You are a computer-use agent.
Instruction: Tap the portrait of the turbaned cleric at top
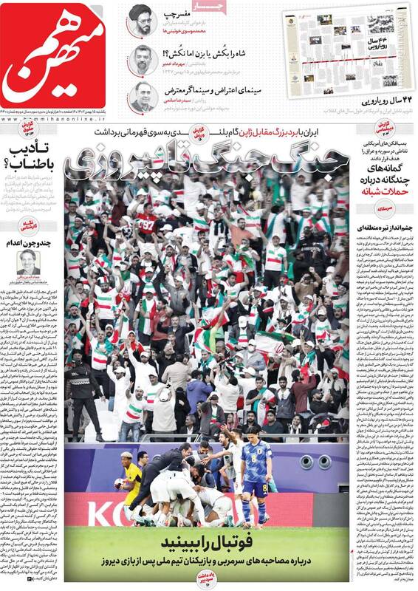click(x=140, y=21)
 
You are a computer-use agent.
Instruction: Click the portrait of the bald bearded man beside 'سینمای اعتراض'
click(x=140, y=95)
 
